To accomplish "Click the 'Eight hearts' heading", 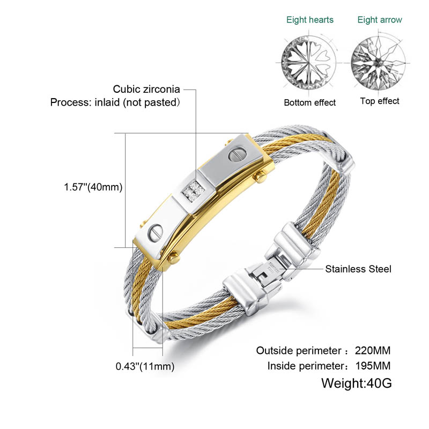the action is (310, 20).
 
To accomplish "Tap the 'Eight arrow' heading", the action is (380, 20).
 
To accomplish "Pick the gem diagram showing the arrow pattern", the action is (379, 62).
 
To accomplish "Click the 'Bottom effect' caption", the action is (310, 102).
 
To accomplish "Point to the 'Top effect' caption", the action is (380, 101).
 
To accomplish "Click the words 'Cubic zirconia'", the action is (146, 89).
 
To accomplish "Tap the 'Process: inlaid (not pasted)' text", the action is (115, 102).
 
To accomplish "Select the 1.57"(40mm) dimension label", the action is (93, 187).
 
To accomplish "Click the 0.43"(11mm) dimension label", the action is (145, 366).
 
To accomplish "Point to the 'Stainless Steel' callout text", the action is (358, 269).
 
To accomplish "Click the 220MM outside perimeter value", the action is (373, 351).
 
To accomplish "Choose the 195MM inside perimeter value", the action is (373, 366).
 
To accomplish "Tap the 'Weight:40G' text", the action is (357, 383).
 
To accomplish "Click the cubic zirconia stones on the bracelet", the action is (194, 190).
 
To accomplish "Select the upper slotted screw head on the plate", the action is (237, 154).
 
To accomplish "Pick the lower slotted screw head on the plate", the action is (155, 233).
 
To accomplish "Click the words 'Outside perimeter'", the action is (299, 351).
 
